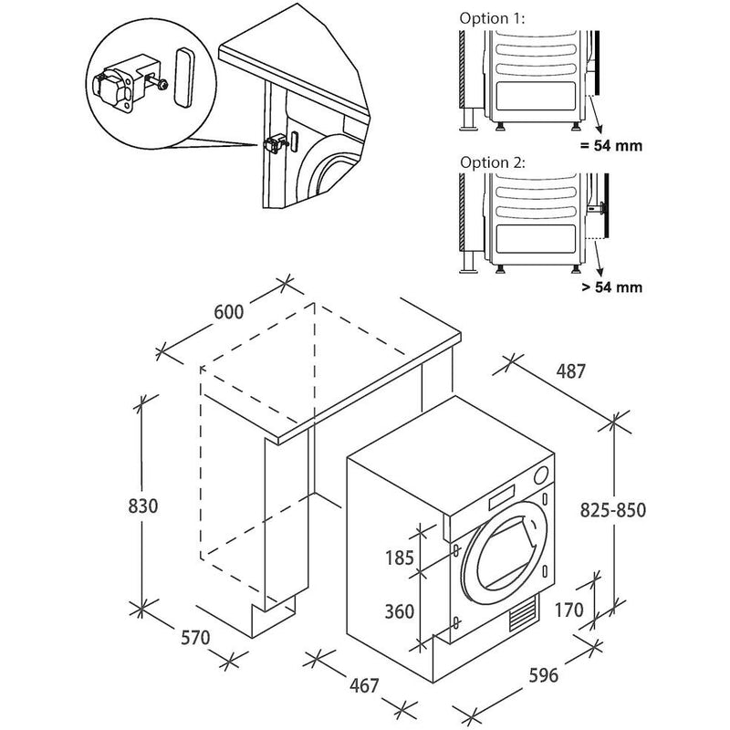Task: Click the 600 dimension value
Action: coord(228,312)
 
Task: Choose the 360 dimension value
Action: coord(399,610)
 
